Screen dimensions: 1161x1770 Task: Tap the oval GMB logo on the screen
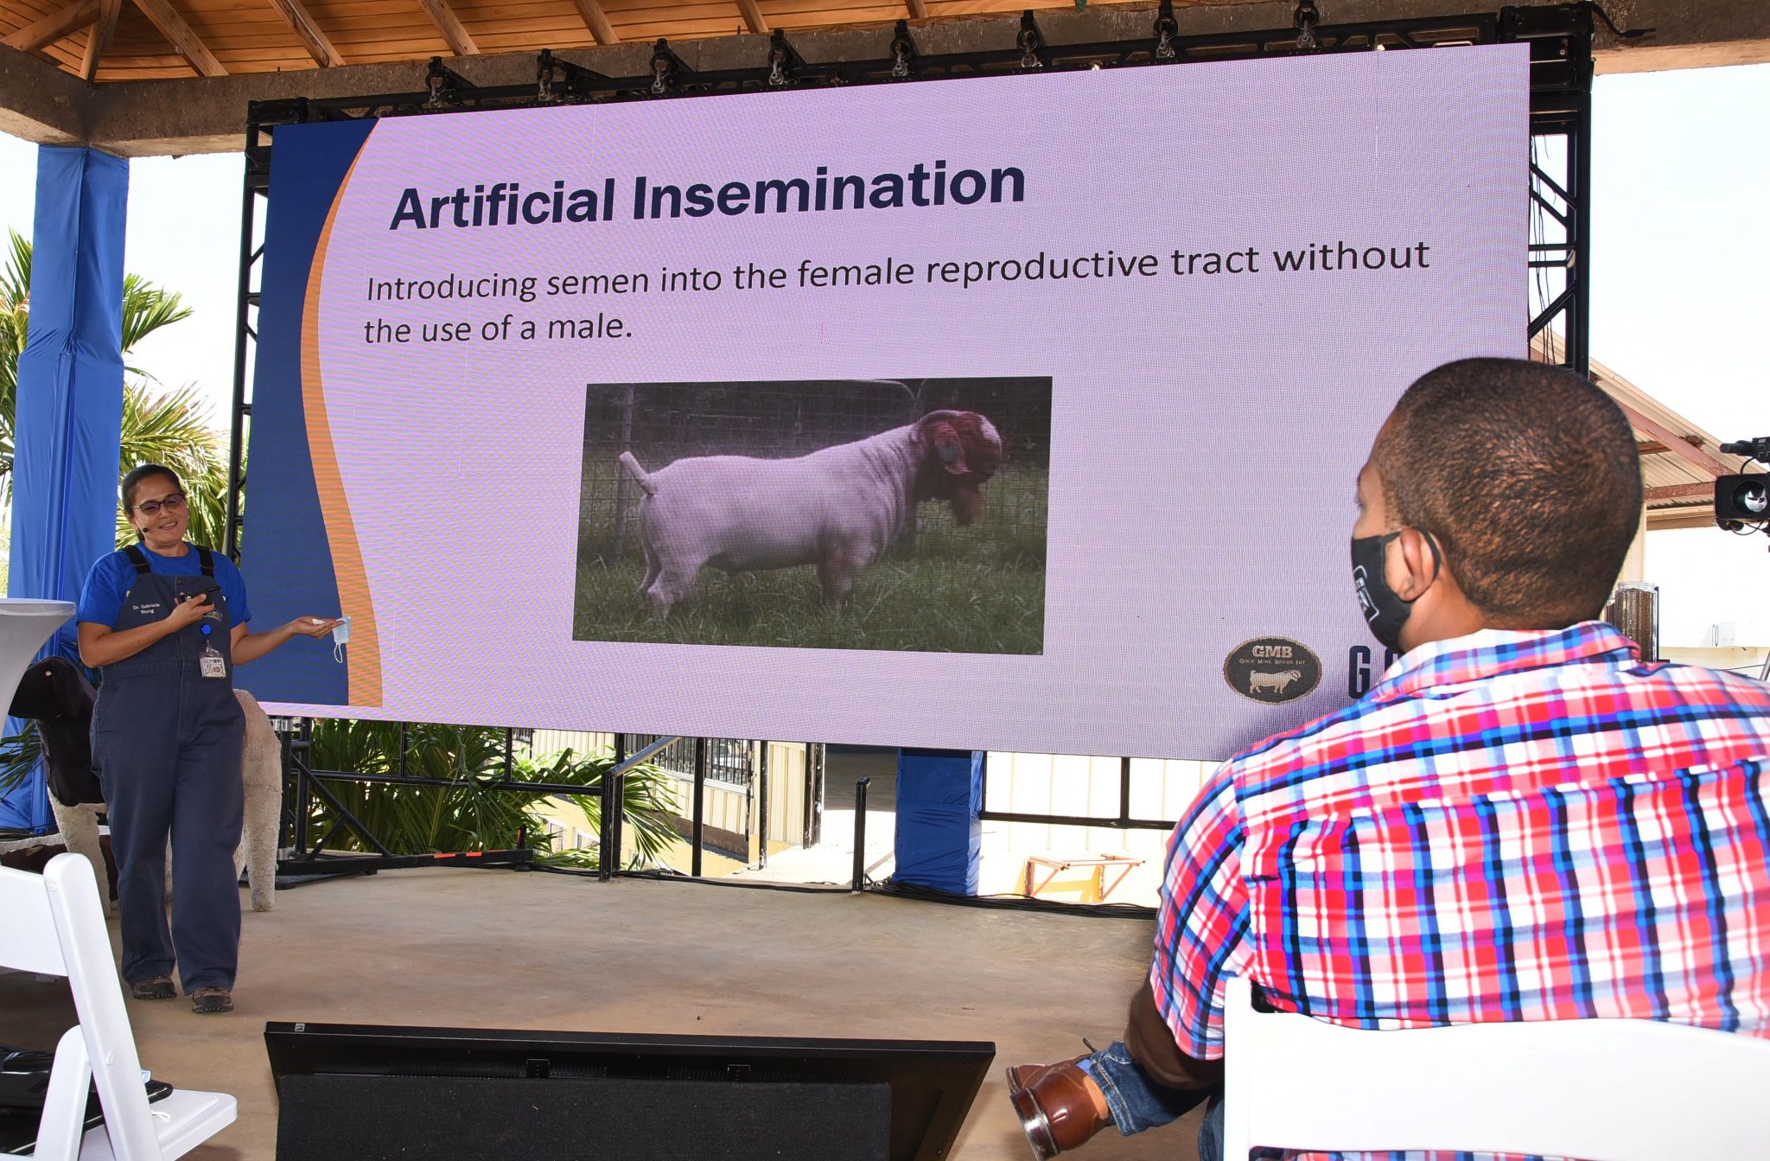click(x=1272, y=669)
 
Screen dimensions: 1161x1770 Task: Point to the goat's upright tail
click(x=634, y=472)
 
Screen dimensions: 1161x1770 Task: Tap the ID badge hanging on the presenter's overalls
click(x=213, y=665)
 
